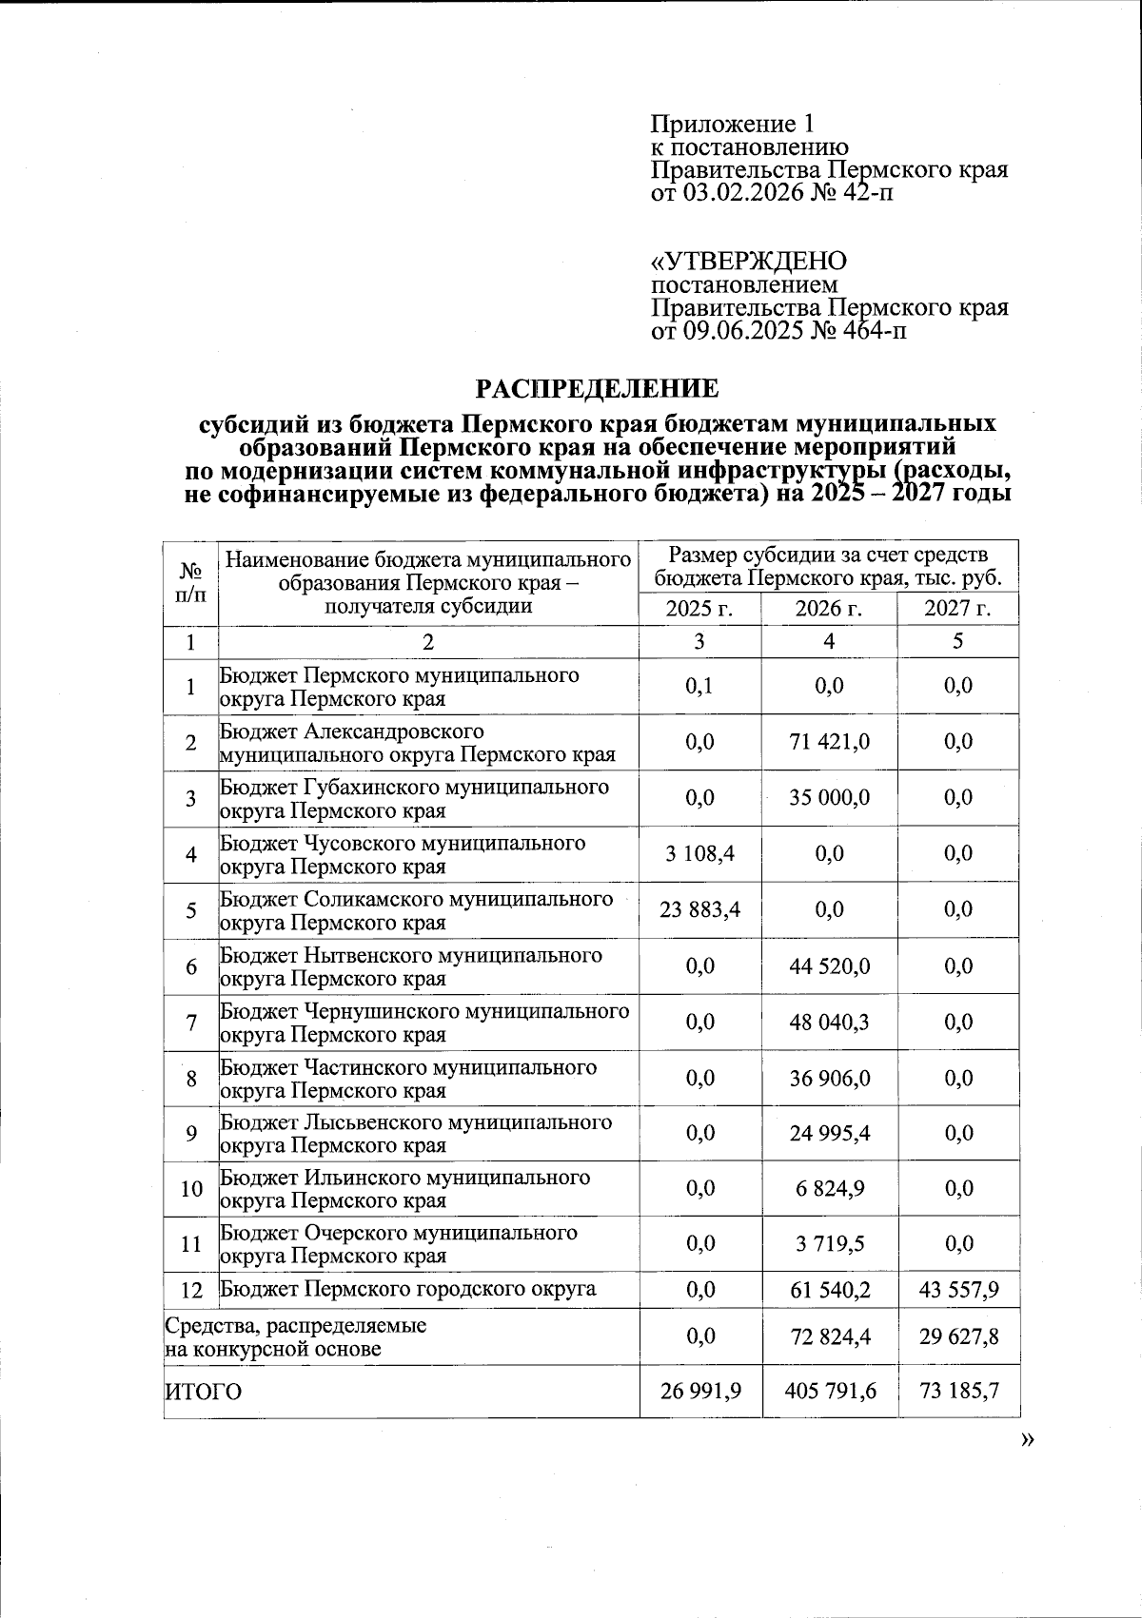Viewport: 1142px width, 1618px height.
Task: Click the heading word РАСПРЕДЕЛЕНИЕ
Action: pyautogui.click(x=597, y=389)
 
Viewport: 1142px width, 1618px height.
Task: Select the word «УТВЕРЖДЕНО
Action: pyautogui.click(x=748, y=262)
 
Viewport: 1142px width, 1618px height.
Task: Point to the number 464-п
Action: pyautogui.click(x=867, y=331)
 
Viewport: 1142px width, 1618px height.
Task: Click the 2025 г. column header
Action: pyautogui.click(x=699, y=609)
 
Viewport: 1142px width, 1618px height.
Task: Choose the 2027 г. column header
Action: pyautogui.click(x=957, y=609)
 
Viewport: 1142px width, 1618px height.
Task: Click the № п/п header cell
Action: pyautogui.click(x=191, y=583)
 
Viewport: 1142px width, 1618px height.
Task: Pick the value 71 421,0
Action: pyautogui.click(x=829, y=742)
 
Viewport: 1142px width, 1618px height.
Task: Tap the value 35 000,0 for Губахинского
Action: pyautogui.click(x=829, y=798)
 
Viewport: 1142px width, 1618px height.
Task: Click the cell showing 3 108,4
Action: pyautogui.click(x=699, y=854)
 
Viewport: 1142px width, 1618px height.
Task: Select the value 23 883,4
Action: pyautogui.click(x=699, y=910)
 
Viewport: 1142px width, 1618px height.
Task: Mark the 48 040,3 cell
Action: pyautogui.click(x=829, y=1023)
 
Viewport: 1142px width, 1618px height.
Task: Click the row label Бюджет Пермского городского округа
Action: pyautogui.click(x=408, y=1290)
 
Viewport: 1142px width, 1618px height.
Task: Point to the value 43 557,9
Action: pyautogui.click(x=958, y=1291)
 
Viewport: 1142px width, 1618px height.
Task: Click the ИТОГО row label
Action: pyautogui.click(x=204, y=1393)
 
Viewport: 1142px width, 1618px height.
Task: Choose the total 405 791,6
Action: pyautogui.click(x=829, y=1393)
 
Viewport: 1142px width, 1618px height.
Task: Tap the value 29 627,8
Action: pyautogui.click(x=958, y=1337)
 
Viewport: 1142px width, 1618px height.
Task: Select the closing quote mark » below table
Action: pyautogui.click(x=1027, y=1440)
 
